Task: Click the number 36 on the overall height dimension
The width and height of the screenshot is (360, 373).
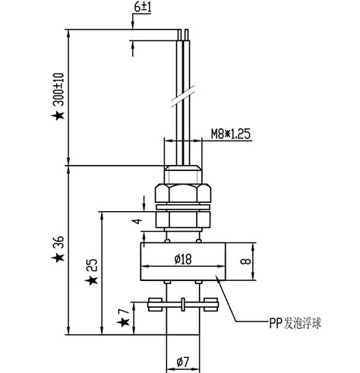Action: (x=58, y=245)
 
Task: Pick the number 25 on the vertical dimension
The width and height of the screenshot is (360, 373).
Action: (x=92, y=265)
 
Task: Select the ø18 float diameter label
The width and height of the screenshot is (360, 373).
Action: (x=182, y=259)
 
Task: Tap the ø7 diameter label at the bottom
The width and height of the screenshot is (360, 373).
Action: (x=182, y=361)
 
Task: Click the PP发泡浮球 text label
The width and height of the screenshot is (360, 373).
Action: (x=295, y=323)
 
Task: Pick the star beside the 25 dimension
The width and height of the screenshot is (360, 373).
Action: (x=92, y=281)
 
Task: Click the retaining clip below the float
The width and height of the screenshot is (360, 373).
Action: (x=182, y=305)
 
